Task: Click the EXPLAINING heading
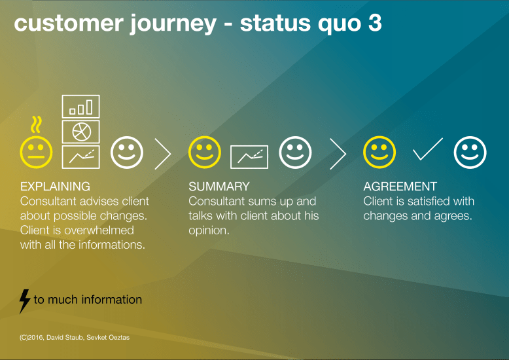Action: tap(55, 187)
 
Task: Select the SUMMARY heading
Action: tap(219, 187)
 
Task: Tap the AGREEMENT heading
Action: tap(400, 187)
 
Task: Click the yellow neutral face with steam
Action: tap(36, 152)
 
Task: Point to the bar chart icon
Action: tap(80, 106)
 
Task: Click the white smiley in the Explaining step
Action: tap(127, 153)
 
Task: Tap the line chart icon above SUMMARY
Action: tap(249, 156)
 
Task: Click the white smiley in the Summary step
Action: tap(295, 153)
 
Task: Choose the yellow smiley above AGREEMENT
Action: tap(379, 153)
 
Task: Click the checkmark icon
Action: tap(427, 150)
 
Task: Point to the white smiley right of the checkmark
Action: tap(470, 153)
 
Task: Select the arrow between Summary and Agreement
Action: tap(338, 154)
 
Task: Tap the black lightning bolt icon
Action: tap(24, 301)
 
